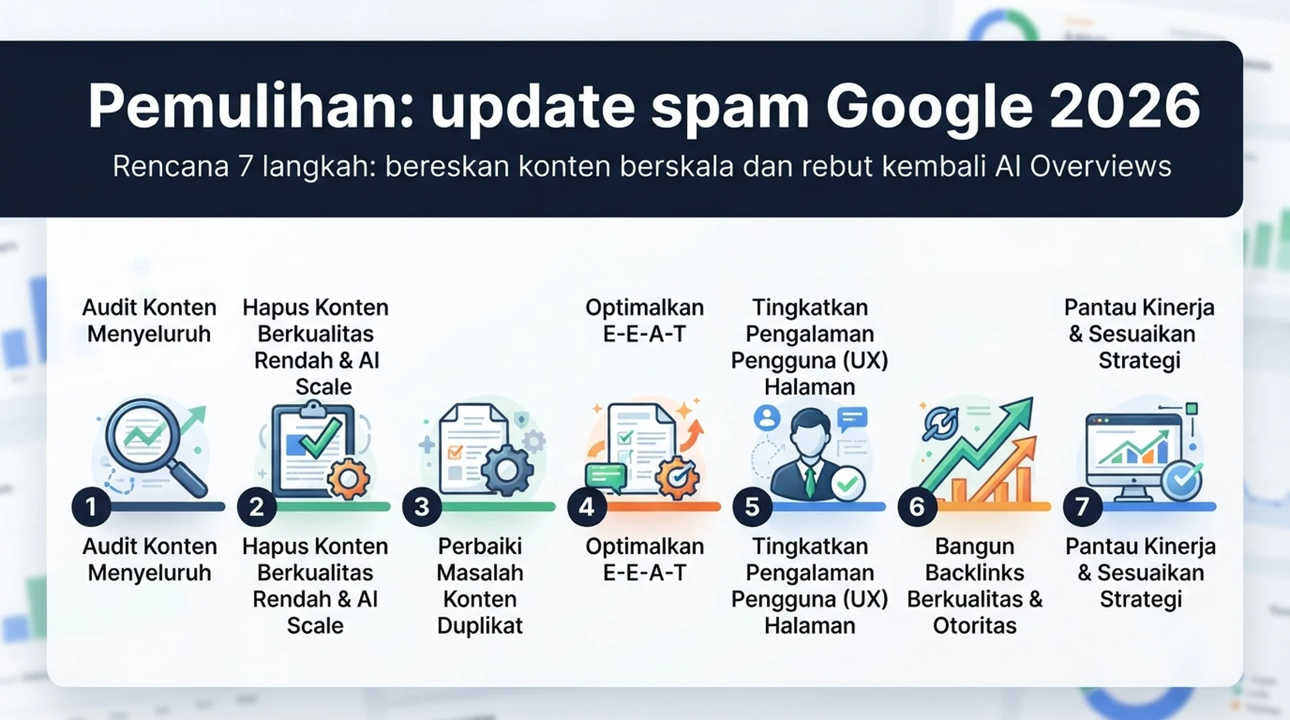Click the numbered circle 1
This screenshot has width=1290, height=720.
[91, 507]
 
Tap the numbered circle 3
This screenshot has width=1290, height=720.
[421, 507]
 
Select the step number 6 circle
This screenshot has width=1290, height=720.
[917, 507]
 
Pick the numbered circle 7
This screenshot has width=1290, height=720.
[1082, 507]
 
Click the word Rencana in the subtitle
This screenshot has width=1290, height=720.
[171, 166]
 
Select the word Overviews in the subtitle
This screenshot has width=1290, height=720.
[1100, 166]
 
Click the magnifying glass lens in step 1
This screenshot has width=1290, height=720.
[143, 435]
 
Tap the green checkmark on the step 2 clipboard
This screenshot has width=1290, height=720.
[321, 437]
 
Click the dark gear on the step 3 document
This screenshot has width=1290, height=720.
[507, 470]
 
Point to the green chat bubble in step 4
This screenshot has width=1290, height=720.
[606, 477]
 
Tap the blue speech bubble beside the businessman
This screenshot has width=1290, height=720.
[853, 419]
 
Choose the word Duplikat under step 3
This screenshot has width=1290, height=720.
[480, 626]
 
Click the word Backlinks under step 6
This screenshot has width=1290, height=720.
[975, 573]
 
